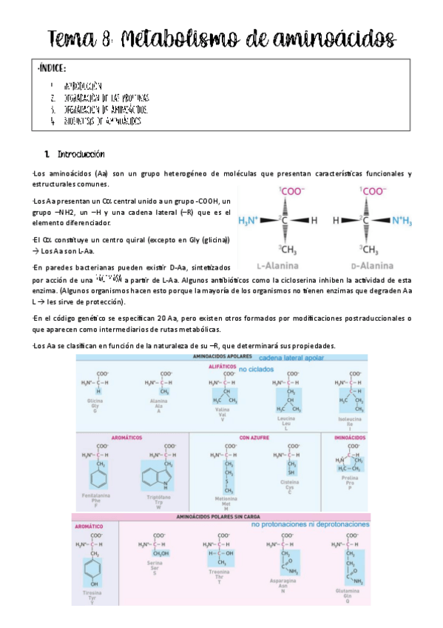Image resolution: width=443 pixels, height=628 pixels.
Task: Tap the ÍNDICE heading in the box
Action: [51, 69]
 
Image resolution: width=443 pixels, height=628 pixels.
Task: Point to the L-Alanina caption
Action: [278, 264]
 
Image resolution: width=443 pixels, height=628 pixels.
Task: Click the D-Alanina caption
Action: [373, 264]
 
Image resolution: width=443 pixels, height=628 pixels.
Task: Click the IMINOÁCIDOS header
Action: [345, 438]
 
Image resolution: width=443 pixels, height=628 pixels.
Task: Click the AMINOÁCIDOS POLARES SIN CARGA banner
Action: [219, 516]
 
